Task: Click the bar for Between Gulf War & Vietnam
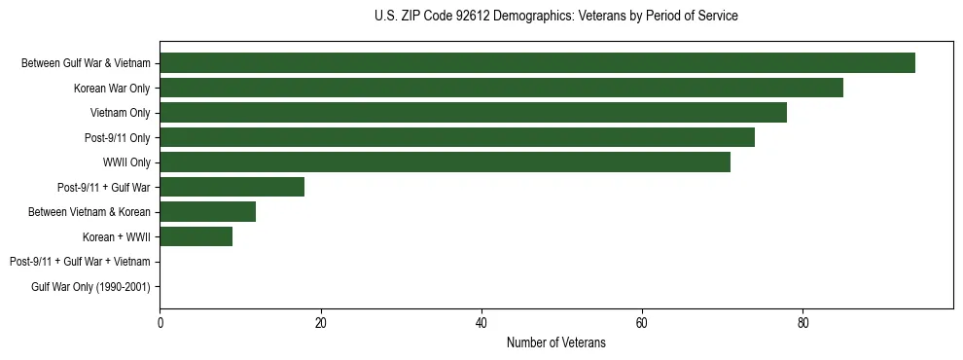pyautogui.click(x=537, y=63)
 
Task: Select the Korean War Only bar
pyautogui.click(x=501, y=88)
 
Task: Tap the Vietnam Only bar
pyautogui.click(x=473, y=113)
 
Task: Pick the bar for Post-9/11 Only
pyautogui.click(x=457, y=137)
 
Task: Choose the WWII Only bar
pyautogui.click(x=445, y=162)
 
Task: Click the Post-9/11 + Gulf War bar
pyautogui.click(x=232, y=187)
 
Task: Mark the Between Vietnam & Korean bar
pyautogui.click(x=207, y=212)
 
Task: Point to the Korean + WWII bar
pyautogui.click(x=196, y=236)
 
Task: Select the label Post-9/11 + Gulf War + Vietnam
pyautogui.click(x=80, y=262)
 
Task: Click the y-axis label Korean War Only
pyautogui.click(x=113, y=89)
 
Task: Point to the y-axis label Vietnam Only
pyautogui.click(x=121, y=113)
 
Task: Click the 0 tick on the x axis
pyautogui.click(x=160, y=323)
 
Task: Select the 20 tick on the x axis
pyautogui.click(x=320, y=323)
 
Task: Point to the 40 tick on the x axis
pyautogui.click(x=481, y=323)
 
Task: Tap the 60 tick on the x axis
pyautogui.click(x=642, y=323)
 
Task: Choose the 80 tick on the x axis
pyautogui.click(x=802, y=323)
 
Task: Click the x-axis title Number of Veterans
pyautogui.click(x=555, y=342)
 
